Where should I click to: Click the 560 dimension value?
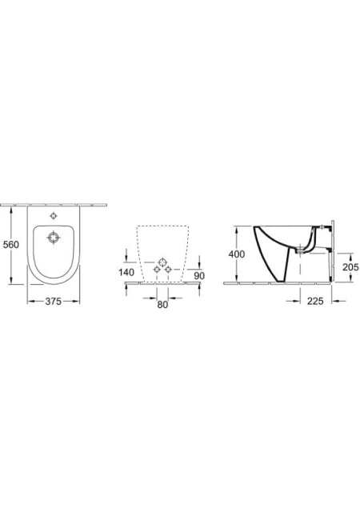pos(10,244)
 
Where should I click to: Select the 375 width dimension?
pos(54,302)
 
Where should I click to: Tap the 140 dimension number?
pos(126,272)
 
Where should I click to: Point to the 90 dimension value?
pos(199,275)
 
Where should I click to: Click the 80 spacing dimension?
pos(162,304)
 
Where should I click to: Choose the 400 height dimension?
pos(237,254)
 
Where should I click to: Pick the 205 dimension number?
pos(350,267)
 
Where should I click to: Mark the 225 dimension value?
pos(315,301)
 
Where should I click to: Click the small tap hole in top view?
pos(54,215)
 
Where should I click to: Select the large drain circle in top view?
pos(54,238)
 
